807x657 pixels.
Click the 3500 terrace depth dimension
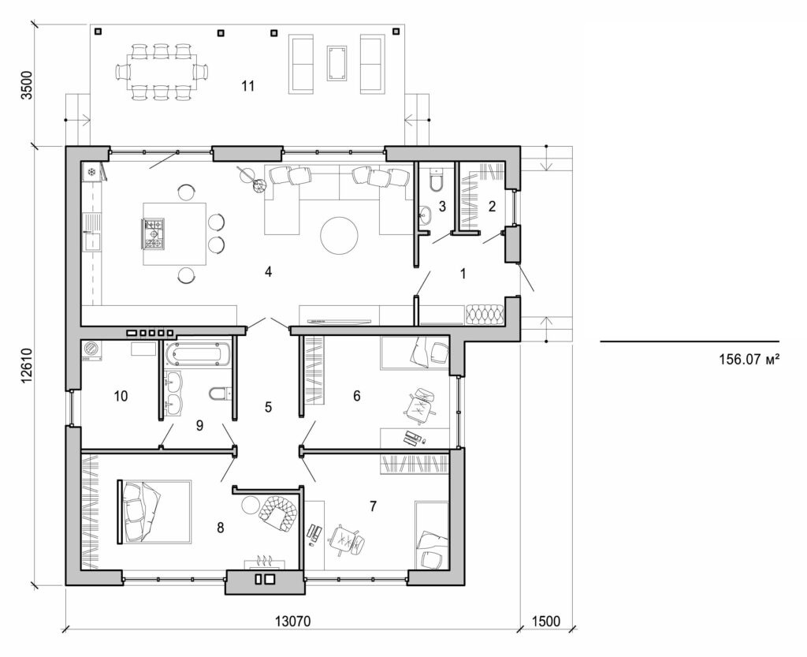pyautogui.click(x=28, y=84)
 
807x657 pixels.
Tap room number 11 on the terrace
pyautogui.click(x=248, y=86)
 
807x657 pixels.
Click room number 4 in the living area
pyautogui.click(x=268, y=272)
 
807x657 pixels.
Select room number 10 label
pyautogui.click(x=120, y=396)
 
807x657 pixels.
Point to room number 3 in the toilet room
pyautogui.click(x=442, y=207)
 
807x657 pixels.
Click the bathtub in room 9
pyautogui.click(x=196, y=353)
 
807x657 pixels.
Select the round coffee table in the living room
pyautogui.click(x=340, y=235)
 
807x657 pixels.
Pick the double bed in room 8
pyautogui.click(x=156, y=512)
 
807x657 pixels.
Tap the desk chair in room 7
pyautogui.click(x=345, y=539)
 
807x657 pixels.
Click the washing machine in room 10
pyautogui.click(x=92, y=349)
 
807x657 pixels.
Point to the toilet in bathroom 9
pyautogui.click(x=218, y=392)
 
